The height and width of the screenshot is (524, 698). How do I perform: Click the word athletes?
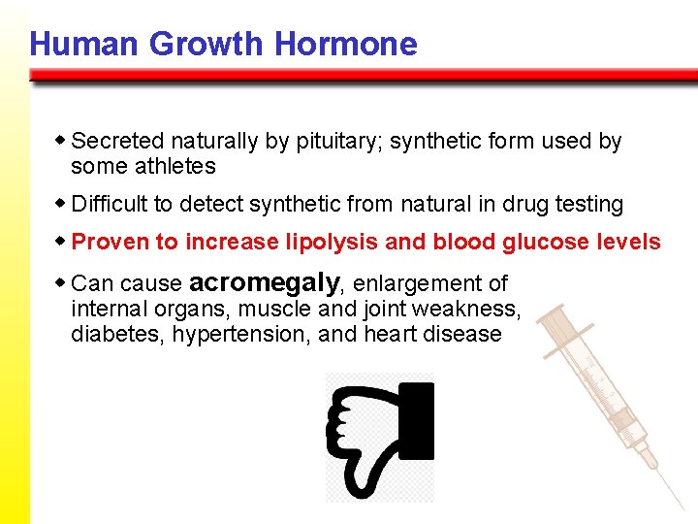pyautogui.click(x=175, y=167)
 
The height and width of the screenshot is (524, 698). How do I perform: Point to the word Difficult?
pyautogui.click(x=109, y=205)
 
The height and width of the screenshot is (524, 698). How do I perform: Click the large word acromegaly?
pyautogui.click(x=265, y=282)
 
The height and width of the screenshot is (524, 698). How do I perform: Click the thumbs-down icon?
pyautogui.click(x=380, y=437)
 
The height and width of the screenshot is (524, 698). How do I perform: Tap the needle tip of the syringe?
pyautogui.click(x=681, y=506)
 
